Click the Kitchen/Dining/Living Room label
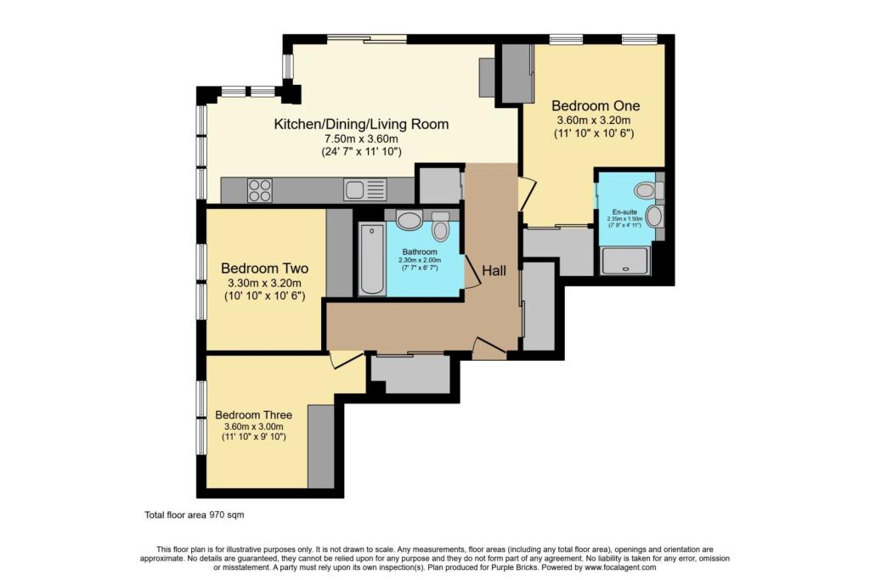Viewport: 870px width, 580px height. pos(361,124)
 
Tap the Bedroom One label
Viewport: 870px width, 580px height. pos(596,105)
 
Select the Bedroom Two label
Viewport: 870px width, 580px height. pos(265,268)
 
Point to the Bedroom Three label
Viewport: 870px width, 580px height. pos(253,414)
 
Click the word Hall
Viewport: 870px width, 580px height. pos(494,271)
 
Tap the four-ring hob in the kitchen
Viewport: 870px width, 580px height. pos(260,190)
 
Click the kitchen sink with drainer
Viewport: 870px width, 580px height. pos(364,189)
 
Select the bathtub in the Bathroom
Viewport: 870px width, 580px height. pos(372,258)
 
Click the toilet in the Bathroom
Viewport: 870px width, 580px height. pos(441,228)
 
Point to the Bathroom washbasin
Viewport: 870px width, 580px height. pos(410,220)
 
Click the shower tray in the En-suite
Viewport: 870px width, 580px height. pos(624,261)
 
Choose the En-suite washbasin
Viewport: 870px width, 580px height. pos(655,217)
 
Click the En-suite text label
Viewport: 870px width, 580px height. pos(624,211)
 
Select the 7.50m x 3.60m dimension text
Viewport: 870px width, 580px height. pos(361,139)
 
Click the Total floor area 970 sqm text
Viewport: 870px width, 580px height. pos(195,515)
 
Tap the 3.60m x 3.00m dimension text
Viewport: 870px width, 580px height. pos(253,426)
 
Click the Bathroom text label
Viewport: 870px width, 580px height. pos(420,251)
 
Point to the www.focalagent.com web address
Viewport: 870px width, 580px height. pos(619,567)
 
